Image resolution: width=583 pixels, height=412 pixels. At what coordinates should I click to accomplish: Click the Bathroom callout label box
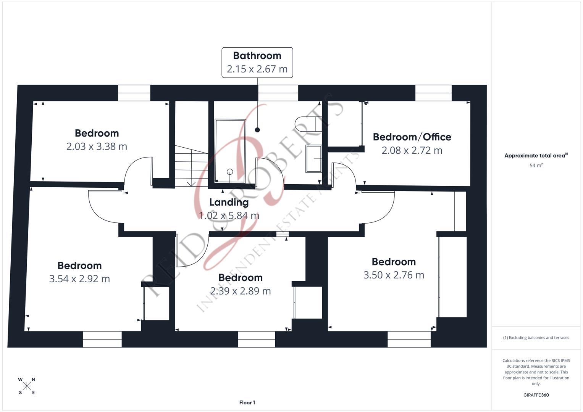(x=257, y=63)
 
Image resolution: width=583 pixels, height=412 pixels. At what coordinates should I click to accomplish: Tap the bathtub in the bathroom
(x=230, y=151)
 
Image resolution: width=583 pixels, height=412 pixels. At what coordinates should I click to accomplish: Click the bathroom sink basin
(x=313, y=158)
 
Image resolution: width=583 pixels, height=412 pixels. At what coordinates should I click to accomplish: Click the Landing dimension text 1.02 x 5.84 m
(x=229, y=216)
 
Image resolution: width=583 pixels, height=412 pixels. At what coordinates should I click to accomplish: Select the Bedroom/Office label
(x=412, y=137)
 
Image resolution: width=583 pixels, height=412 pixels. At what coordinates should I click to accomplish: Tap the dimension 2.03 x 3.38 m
(x=97, y=146)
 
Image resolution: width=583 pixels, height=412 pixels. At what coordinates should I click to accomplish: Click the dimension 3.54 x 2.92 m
(x=79, y=279)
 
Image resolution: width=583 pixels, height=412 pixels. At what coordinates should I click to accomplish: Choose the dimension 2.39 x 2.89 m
(x=241, y=291)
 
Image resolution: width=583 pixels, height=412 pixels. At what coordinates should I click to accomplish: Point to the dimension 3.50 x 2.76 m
(x=394, y=275)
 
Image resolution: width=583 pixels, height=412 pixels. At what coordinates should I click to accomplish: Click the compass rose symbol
(x=27, y=386)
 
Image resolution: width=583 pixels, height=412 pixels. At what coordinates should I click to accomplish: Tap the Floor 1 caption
(x=247, y=402)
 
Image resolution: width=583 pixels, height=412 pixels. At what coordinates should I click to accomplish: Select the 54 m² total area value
(x=536, y=166)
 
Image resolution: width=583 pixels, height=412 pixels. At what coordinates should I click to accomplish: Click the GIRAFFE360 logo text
(x=536, y=395)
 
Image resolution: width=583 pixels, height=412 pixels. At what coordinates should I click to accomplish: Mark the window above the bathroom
(x=278, y=93)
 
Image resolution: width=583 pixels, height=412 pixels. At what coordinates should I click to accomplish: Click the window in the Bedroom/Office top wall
(x=433, y=93)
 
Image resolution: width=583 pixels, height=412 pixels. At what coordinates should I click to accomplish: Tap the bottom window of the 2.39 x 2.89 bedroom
(x=256, y=339)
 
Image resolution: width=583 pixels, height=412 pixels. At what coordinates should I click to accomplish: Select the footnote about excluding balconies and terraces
(x=536, y=338)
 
